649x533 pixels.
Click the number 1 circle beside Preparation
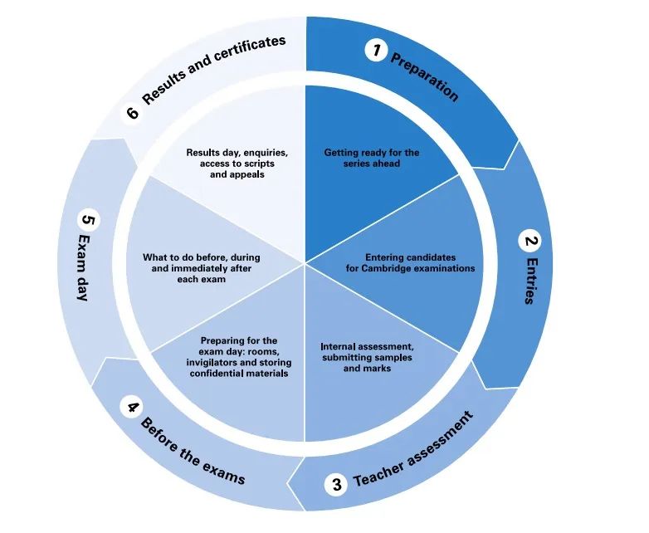[x=377, y=51]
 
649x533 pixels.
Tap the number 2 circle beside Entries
[x=529, y=242]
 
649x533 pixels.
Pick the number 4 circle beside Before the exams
[x=130, y=407]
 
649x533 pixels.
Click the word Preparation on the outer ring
[x=424, y=77]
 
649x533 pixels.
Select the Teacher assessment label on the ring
[x=413, y=449]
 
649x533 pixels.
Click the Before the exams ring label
[x=193, y=452]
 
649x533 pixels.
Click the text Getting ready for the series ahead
[x=371, y=158]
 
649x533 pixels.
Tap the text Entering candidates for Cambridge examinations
[x=410, y=263]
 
